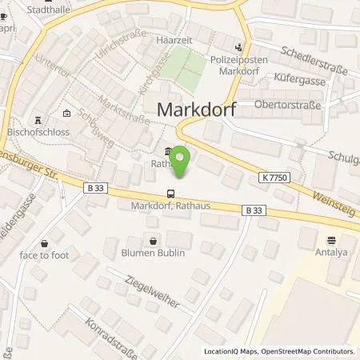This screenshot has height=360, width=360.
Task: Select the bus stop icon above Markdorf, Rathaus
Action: (170, 194)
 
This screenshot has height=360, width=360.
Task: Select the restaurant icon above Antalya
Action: (330, 238)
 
